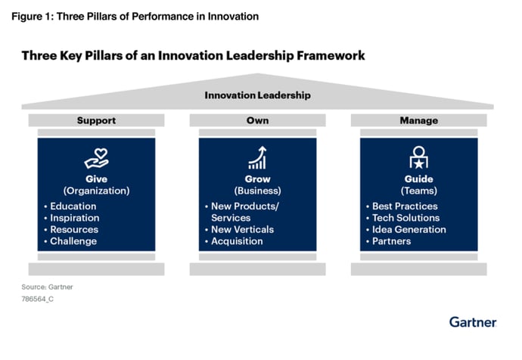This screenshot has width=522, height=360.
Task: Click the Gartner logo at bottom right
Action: point(473,322)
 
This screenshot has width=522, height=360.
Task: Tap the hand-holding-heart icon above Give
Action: point(97,159)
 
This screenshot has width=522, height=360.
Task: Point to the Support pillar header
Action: point(97,120)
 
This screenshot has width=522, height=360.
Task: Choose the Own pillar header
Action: point(257,120)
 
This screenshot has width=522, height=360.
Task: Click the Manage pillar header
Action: point(418,120)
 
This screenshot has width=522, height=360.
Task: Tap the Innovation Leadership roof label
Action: point(257,95)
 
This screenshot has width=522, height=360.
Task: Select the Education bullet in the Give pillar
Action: point(73,206)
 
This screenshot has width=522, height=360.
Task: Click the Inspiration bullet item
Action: point(74,218)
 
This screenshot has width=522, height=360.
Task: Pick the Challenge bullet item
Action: point(73,241)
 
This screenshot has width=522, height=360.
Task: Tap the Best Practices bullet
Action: point(405,206)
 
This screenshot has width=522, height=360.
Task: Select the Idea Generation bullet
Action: point(409,229)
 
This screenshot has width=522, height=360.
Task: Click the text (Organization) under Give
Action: point(97,191)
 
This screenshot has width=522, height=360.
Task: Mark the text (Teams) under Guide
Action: point(418,191)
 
